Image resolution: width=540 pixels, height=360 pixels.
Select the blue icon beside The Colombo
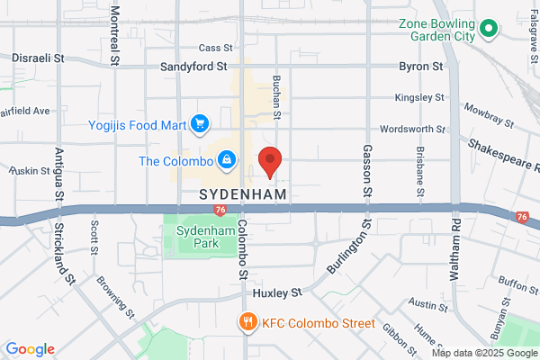pyautogui.click(x=227, y=161)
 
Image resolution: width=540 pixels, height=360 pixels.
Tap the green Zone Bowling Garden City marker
pyautogui.click(x=489, y=30)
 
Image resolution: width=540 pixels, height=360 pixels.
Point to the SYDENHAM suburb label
pyautogui.click(x=243, y=193)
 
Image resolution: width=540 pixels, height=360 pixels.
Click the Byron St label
pyautogui.click(x=421, y=67)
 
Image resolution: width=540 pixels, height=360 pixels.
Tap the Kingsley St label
pyautogui.click(x=420, y=97)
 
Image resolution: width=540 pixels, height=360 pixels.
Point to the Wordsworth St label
pyautogui.click(x=413, y=129)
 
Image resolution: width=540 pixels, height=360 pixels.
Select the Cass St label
pyautogui.click(x=215, y=48)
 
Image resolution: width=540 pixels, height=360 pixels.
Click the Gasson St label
pyautogui.click(x=367, y=171)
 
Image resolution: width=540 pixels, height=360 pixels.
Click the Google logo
pyautogui.click(x=30, y=349)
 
